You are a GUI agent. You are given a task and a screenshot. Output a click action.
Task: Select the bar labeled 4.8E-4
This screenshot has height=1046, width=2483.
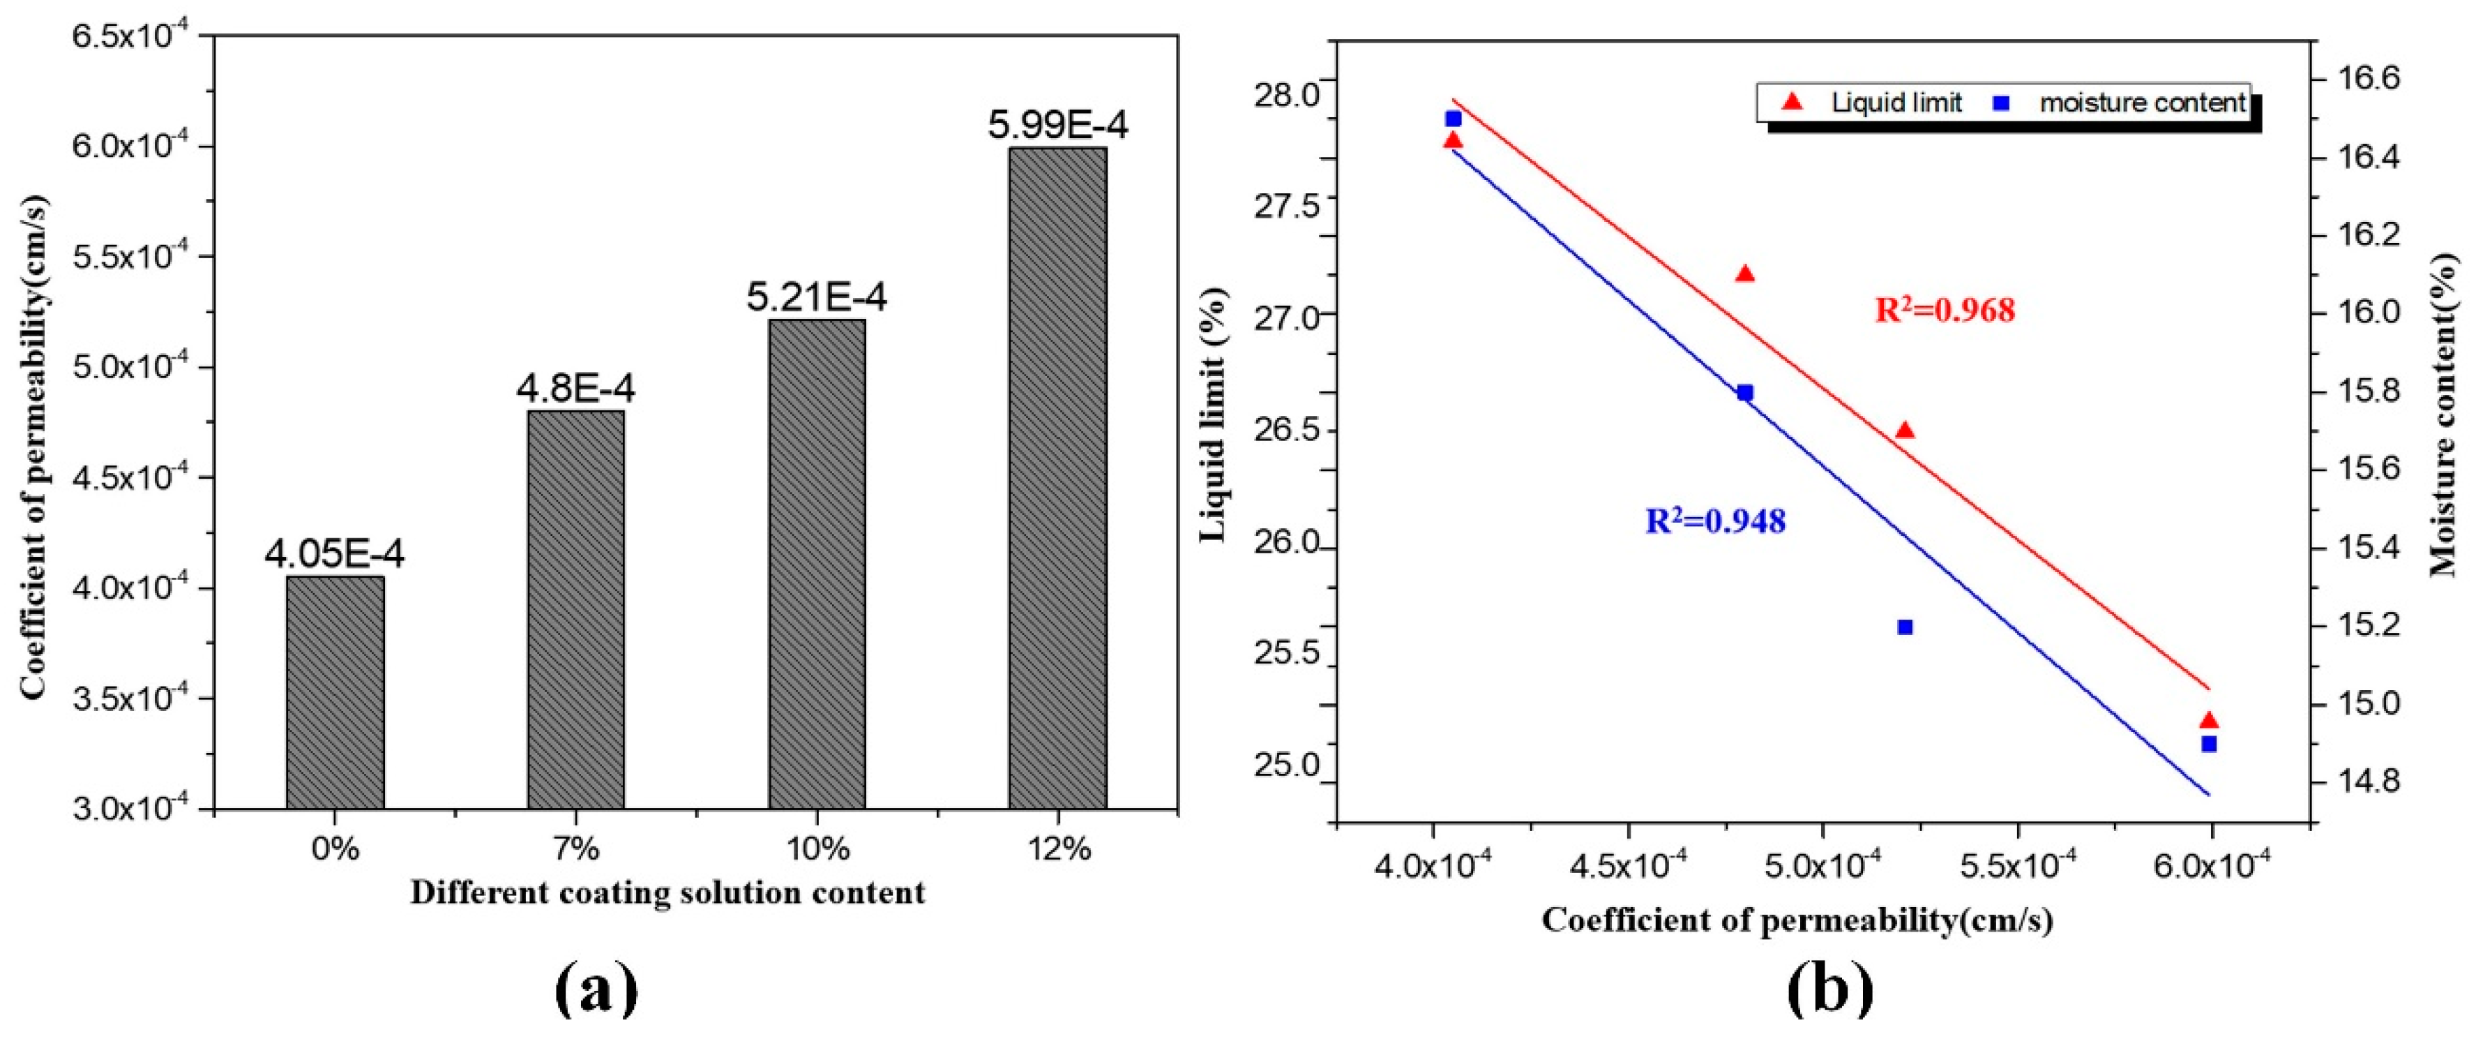tap(575, 608)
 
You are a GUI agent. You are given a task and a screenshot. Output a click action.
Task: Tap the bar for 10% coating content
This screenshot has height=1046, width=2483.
tap(817, 563)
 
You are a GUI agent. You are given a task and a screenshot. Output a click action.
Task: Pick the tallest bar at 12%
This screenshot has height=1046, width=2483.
tap(1057, 477)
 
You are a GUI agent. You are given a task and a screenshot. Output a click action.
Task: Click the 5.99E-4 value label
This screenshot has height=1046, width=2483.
tap(1057, 126)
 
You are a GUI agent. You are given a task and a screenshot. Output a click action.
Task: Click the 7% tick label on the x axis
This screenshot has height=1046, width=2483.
tap(575, 849)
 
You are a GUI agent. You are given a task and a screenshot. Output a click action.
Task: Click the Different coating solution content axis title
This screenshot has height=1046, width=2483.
tap(667, 892)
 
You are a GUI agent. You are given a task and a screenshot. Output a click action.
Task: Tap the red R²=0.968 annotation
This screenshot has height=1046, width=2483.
tap(1944, 311)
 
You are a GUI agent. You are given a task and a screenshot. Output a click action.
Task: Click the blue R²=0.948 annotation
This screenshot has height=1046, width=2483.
tap(1715, 521)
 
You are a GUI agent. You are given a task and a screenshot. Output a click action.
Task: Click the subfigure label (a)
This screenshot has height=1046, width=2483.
tap(596, 990)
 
